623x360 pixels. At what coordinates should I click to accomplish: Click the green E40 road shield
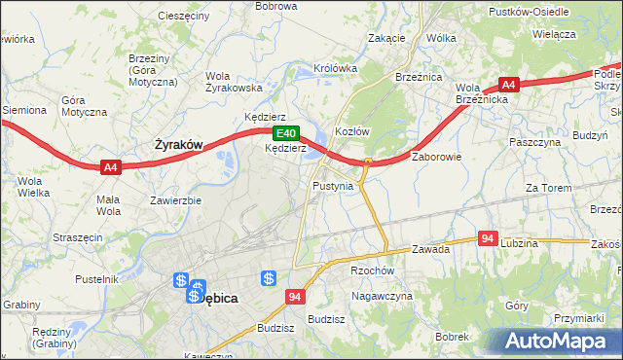[x=284, y=133]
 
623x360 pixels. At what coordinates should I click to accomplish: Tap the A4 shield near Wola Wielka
[x=110, y=167]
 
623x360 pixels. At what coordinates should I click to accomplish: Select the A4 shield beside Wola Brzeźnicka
[x=508, y=84]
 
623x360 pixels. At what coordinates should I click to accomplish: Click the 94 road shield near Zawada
[x=489, y=237]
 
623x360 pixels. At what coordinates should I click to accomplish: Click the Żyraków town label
[x=179, y=145]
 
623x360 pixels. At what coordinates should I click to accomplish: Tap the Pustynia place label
[x=333, y=185]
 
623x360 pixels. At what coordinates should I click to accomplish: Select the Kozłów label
[x=352, y=131]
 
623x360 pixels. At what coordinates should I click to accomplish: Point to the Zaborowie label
[x=436, y=156]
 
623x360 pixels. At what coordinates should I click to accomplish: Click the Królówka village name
[x=336, y=69]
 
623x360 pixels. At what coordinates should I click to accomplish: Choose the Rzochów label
[x=371, y=271]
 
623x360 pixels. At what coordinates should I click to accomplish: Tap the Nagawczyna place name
[x=383, y=295]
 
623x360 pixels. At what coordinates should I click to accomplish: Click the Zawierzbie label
[x=175, y=200]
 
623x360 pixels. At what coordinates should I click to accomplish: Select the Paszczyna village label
[x=536, y=142]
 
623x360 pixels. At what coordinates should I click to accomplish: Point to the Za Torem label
[x=546, y=188]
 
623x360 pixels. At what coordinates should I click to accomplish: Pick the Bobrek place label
[x=453, y=336]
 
